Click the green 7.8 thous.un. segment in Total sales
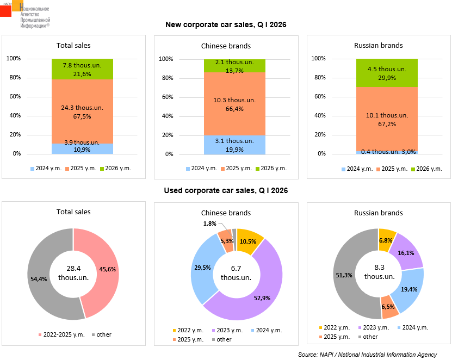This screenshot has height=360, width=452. [x=82, y=69]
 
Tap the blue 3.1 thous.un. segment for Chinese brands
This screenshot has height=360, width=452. [x=234, y=145]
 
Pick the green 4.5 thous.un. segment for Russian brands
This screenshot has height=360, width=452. [x=387, y=73]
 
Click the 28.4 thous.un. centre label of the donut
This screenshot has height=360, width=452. [x=73, y=273]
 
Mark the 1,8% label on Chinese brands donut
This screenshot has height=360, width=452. [x=210, y=224]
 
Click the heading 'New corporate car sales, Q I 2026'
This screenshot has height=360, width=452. [x=226, y=24]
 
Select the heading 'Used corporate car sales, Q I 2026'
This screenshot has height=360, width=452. [x=226, y=190]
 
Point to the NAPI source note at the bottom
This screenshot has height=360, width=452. [x=367, y=355]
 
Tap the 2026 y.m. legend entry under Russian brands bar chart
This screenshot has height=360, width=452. [x=426, y=169]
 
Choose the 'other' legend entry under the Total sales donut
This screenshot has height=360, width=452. [x=101, y=334]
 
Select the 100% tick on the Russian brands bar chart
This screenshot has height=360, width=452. [x=318, y=59]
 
